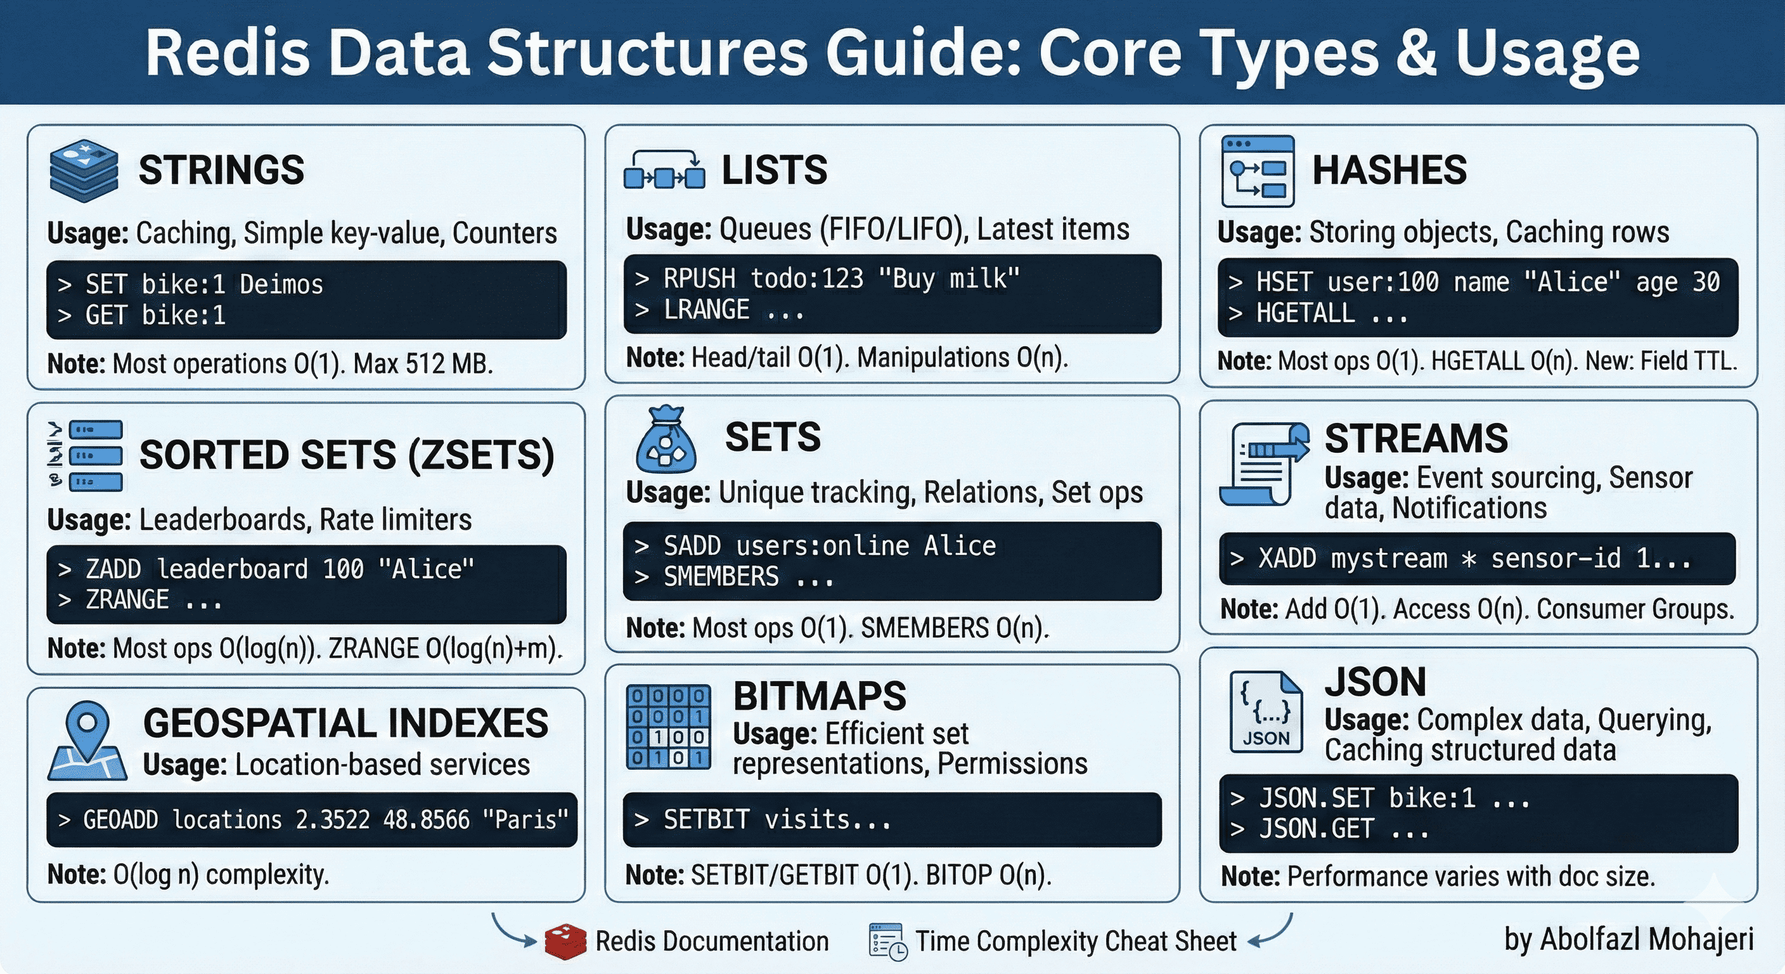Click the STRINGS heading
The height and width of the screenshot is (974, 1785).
(x=221, y=170)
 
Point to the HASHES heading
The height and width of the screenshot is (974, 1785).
(x=1389, y=170)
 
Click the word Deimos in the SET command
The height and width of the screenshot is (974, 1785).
(x=281, y=285)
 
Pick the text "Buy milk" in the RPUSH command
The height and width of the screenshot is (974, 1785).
(x=949, y=278)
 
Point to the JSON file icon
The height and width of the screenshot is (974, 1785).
(x=1266, y=712)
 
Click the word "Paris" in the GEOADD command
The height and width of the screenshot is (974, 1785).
(x=525, y=820)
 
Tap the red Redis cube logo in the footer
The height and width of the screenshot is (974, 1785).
(x=565, y=942)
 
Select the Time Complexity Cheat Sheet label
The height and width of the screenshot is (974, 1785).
(x=1076, y=942)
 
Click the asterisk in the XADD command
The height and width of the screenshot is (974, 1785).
(x=1468, y=559)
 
